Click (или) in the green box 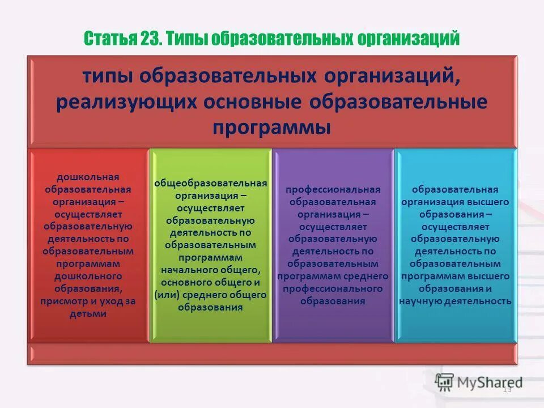coord(165,295)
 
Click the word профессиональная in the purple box coord(333,190)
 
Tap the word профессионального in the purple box coord(333,289)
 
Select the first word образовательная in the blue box coord(455,190)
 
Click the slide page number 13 coord(507,389)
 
